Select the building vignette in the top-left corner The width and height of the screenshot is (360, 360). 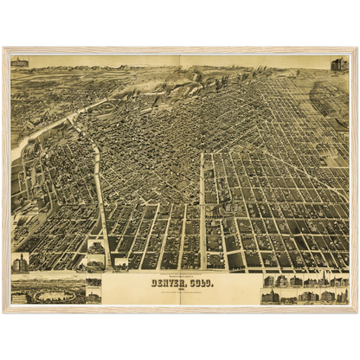[x=19, y=63]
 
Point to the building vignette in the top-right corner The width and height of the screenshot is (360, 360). [x=338, y=65]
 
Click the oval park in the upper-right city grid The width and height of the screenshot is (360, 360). [x=328, y=98]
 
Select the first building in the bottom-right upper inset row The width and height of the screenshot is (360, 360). [x=269, y=281]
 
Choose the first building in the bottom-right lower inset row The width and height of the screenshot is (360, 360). [x=270, y=297]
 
